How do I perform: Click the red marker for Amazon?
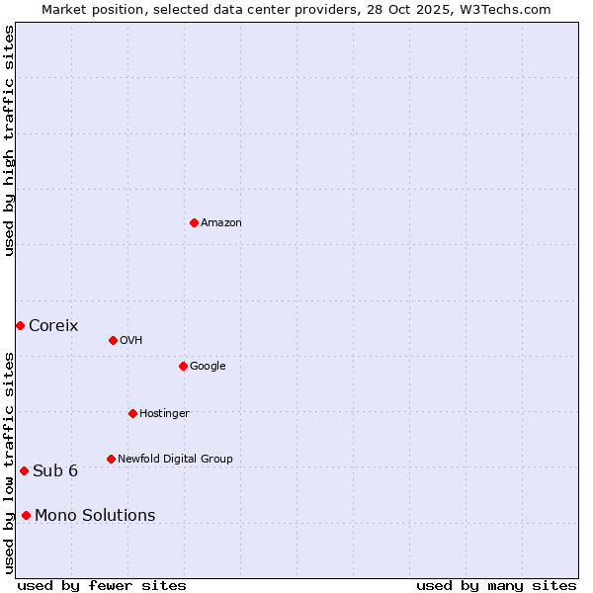pyautogui.click(x=194, y=222)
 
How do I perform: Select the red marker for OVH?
pyautogui.click(x=113, y=340)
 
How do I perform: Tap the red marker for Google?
pyautogui.click(x=183, y=366)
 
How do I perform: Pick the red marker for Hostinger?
pyautogui.click(x=132, y=413)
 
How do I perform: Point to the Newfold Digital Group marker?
pyautogui.click(x=111, y=459)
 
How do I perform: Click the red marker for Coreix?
pyautogui.click(x=20, y=325)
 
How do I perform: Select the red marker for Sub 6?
pyautogui.click(x=24, y=470)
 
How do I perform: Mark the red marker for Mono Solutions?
pyautogui.click(x=26, y=515)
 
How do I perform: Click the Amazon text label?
pyautogui.click(x=221, y=223)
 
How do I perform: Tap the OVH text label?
pyautogui.click(x=131, y=341)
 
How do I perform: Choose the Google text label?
pyautogui.click(x=208, y=367)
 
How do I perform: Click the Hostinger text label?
pyautogui.click(x=164, y=414)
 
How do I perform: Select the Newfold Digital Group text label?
pyautogui.click(x=175, y=460)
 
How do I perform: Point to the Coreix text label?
pyautogui.click(x=53, y=326)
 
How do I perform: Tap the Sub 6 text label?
pyautogui.click(x=55, y=471)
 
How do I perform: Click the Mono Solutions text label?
pyautogui.click(x=95, y=516)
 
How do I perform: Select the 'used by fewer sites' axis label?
pyautogui.click(x=102, y=585)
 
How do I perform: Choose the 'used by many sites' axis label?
pyautogui.click(x=496, y=585)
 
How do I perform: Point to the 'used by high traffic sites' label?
pyautogui.click(x=9, y=140)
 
